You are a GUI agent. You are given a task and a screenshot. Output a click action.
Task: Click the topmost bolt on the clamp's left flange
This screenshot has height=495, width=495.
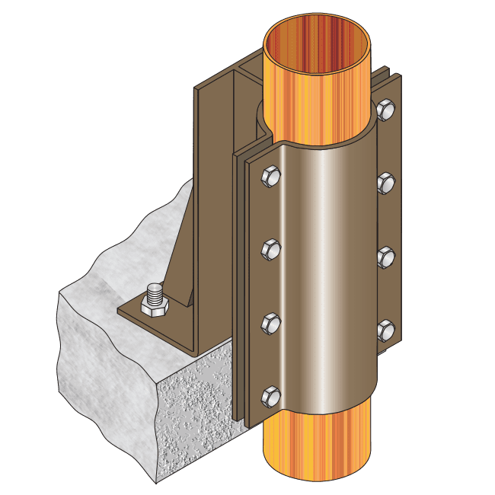click(x=271, y=177)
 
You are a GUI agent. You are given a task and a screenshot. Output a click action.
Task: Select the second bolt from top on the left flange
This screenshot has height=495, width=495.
click(x=271, y=249)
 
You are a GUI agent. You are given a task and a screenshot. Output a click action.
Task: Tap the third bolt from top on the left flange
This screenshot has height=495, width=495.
click(x=271, y=322)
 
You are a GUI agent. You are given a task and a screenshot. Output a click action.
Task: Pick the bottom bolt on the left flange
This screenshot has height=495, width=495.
click(x=271, y=394)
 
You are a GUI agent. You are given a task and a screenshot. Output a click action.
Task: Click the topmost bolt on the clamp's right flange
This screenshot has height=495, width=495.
click(x=386, y=111)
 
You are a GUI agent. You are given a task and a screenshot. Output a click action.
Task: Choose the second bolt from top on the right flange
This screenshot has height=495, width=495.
click(x=386, y=183)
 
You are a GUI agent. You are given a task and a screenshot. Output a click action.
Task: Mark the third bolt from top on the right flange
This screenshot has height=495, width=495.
click(x=386, y=255)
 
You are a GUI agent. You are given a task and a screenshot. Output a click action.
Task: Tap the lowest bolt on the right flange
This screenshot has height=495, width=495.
click(x=386, y=328)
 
